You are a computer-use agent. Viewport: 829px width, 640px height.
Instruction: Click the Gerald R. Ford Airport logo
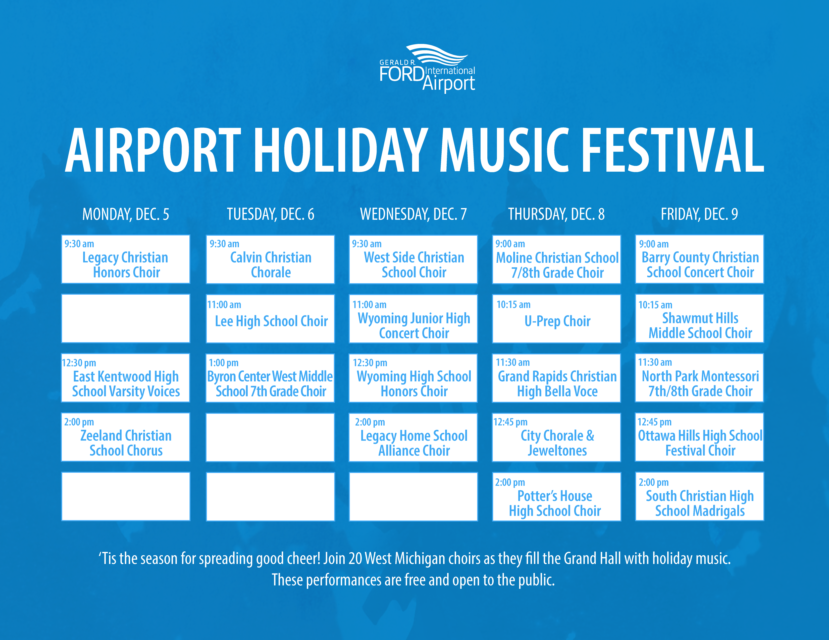click(427, 68)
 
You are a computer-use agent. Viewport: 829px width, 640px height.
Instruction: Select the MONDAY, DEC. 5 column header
click(126, 214)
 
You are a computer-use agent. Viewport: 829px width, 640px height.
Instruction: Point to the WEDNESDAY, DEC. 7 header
click(413, 214)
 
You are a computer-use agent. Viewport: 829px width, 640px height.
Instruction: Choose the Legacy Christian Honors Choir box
click(126, 259)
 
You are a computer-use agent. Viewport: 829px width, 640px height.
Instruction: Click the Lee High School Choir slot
click(270, 318)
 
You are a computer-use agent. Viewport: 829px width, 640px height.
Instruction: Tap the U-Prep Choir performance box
click(556, 318)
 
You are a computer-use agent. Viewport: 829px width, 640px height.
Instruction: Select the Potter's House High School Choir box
click(556, 496)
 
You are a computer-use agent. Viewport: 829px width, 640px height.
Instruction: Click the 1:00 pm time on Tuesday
click(224, 363)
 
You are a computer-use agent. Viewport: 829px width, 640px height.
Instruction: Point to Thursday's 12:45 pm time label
click(510, 422)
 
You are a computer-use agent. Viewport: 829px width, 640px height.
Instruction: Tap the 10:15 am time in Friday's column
click(655, 305)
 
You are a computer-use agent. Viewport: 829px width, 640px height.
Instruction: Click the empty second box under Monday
click(126, 318)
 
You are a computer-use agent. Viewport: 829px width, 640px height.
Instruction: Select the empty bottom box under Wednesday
click(413, 496)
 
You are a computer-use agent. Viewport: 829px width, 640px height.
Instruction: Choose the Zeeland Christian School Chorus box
click(126, 437)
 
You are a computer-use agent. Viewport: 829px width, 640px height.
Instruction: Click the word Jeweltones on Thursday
click(557, 451)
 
